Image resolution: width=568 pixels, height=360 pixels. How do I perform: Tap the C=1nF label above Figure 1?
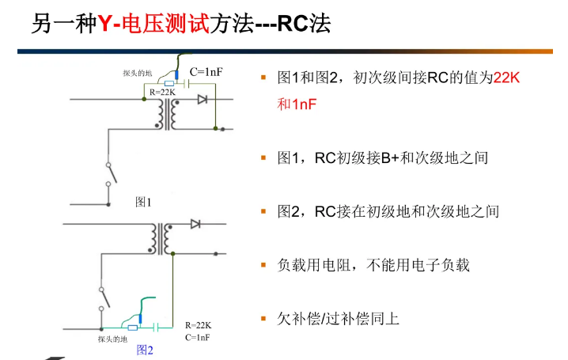coord(206,72)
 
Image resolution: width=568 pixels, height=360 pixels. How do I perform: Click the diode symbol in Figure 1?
coord(203,99)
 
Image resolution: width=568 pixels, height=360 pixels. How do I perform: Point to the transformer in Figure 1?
coord(167,114)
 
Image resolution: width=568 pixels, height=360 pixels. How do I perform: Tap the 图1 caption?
coord(143,202)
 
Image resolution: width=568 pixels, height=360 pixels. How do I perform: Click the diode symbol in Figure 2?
coord(195,224)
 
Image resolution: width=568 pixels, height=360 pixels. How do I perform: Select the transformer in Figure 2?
coord(164,238)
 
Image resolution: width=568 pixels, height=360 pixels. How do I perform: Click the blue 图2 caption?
coord(144,349)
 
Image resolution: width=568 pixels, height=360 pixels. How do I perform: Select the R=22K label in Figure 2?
coord(198,325)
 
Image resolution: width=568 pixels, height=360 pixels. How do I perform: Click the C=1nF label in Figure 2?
coord(197,337)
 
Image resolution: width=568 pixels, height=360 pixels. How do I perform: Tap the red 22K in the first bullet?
coord(507,78)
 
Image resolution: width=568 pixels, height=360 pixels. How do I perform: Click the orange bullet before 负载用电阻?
coord(264,265)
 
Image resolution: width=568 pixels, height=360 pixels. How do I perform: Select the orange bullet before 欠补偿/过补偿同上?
coord(264,319)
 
